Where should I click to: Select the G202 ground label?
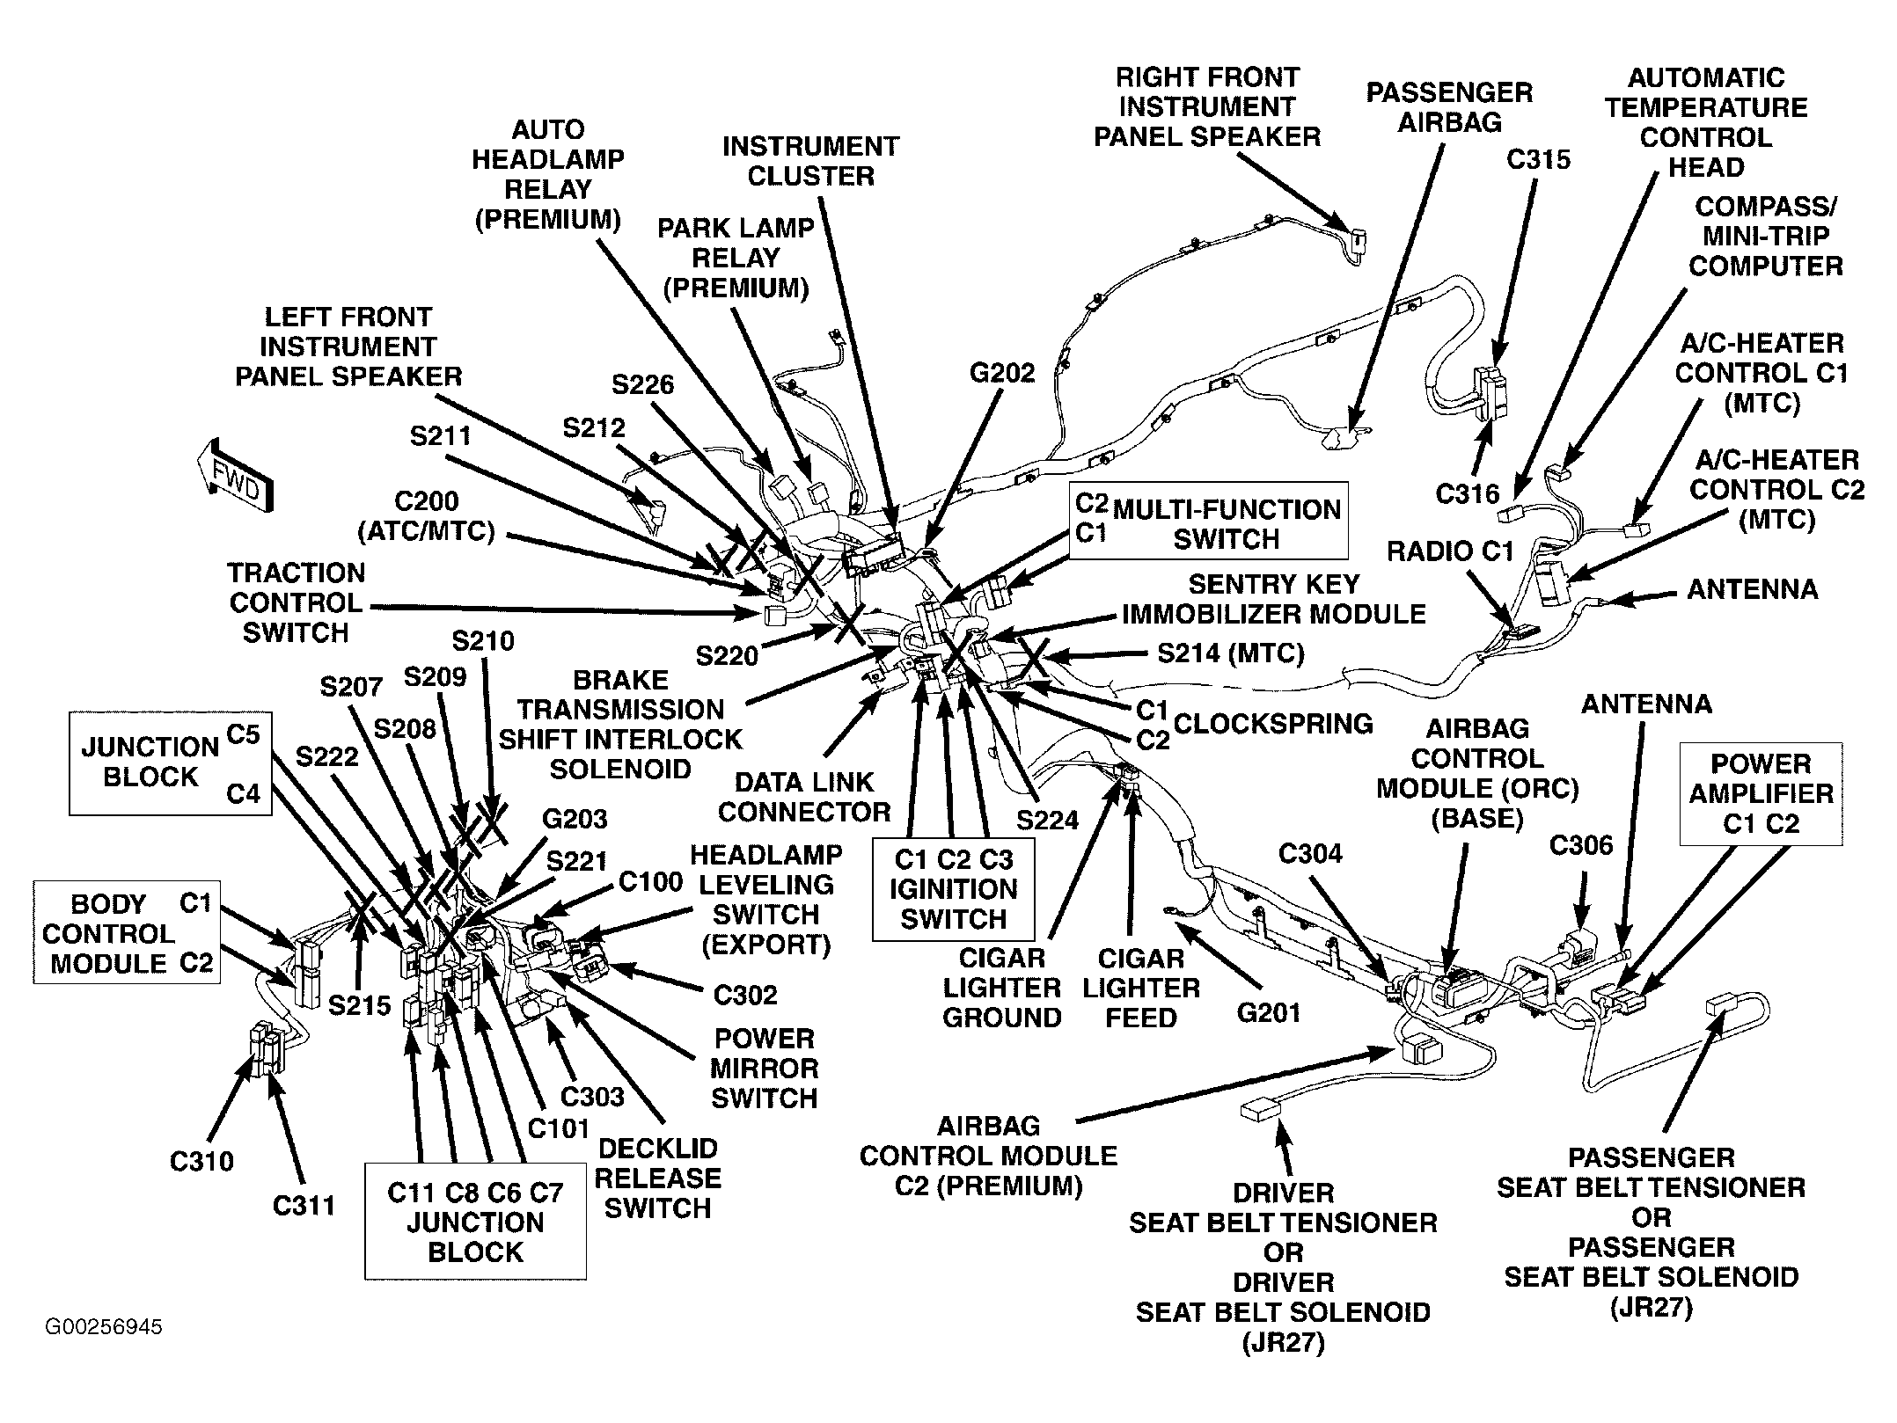1002,373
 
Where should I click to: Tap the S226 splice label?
643,384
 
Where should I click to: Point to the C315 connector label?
1538,159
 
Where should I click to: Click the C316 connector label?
1467,494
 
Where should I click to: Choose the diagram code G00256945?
104,1326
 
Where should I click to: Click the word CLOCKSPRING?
1273,723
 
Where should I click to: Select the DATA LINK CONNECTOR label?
804,797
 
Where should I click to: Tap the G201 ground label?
1268,1013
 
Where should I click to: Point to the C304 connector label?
1310,853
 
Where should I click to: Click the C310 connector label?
201,1161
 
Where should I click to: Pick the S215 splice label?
359,1004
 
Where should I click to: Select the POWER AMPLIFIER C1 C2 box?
1761,794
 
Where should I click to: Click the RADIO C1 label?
1449,551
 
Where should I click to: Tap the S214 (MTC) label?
1230,653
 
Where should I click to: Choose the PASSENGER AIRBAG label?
1449,106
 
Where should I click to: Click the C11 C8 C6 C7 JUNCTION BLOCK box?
475,1222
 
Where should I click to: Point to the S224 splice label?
1047,820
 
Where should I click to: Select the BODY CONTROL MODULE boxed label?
127,932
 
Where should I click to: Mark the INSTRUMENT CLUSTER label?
810,161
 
